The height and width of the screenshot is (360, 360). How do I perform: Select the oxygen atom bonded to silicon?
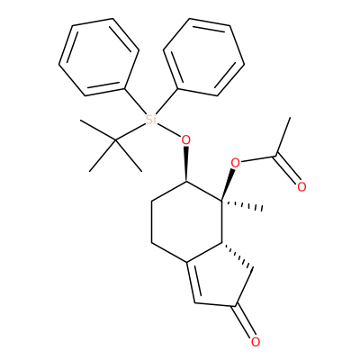(x=186, y=139)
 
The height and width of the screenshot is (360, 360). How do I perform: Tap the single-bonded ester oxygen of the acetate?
(x=236, y=164)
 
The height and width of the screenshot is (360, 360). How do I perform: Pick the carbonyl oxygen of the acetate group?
(x=301, y=187)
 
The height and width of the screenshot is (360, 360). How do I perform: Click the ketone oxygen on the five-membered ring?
(x=256, y=342)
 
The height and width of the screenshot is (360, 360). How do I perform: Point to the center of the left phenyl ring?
(x=99, y=57)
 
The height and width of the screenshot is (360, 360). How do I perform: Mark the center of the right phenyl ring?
(x=204, y=57)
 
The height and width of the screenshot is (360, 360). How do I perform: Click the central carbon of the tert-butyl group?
(x=116, y=139)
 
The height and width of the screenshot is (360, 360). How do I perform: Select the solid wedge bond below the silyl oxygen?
(x=186, y=164)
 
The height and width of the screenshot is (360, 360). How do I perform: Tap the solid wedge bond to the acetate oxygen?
(x=228, y=184)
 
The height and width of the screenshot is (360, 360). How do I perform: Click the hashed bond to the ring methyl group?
(x=242, y=204)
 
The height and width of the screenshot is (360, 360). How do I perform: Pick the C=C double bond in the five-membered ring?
(x=191, y=283)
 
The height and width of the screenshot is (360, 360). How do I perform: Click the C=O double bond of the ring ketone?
(x=245, y=321)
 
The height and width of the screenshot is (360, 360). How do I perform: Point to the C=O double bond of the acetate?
(x=287, y=169)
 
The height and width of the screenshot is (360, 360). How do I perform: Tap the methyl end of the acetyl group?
(x=290, y=118)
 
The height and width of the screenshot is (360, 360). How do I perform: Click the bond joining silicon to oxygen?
(x=169, y=130)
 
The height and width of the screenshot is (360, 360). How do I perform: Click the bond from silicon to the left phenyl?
(x=135, y=102)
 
